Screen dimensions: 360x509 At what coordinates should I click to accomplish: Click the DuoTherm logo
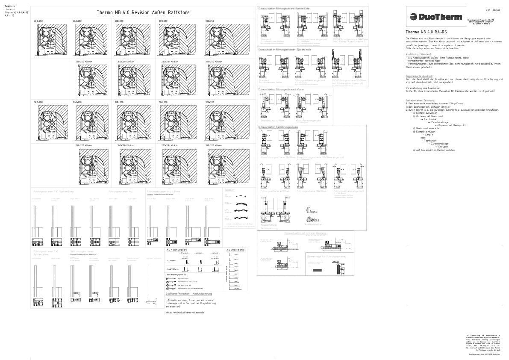435,17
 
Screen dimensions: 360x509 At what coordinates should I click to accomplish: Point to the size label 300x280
163,103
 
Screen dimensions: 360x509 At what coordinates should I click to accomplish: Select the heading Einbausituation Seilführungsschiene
278,127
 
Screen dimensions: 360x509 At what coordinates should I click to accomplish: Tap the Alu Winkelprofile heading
235,249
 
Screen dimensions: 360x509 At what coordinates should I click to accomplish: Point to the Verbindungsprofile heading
176,274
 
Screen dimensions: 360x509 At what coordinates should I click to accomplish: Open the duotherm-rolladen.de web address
185,313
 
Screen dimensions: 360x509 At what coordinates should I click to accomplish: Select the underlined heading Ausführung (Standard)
418,54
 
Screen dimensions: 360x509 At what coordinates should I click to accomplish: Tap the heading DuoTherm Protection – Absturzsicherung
188,294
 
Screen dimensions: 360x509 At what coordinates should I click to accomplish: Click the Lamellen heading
230,190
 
